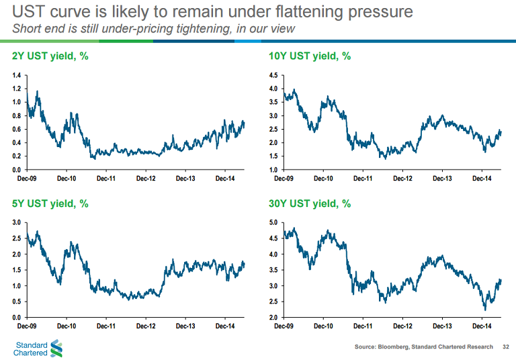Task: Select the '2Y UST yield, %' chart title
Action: click(51, 56)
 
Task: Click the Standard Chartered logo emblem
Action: click(56, 348)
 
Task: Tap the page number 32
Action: click(506, 347)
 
